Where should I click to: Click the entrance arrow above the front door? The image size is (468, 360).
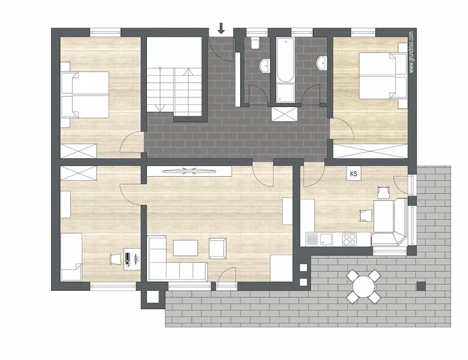(x=221, y=28)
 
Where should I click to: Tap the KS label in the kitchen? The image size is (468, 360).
(x=354, y=174)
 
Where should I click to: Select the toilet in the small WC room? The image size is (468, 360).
(x=255, y=43)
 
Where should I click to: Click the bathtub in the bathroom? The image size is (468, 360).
(x=285, y=59)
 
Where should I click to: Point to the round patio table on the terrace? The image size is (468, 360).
(x=363, y=286)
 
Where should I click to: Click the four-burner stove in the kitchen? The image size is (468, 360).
(x=349, y=239)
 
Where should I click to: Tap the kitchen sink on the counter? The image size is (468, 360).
(x=326, y=239)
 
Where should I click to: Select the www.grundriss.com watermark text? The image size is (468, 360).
(x=412, y=52)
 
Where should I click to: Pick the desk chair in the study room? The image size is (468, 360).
(x=115, y=258)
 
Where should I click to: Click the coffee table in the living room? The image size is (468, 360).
(x=185, y=248)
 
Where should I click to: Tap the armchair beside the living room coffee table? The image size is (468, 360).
(x=218, y=248)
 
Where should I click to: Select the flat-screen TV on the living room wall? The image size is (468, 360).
(x=189, y=171)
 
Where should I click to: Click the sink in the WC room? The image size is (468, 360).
(x=265, y=66)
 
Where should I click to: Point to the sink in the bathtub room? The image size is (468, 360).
(x=321, y=63)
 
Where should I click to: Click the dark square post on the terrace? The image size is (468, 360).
(x=421, y=286)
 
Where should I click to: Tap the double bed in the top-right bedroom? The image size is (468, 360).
(x=383, y=76)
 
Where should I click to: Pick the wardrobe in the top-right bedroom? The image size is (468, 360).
(x=370, y=151)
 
